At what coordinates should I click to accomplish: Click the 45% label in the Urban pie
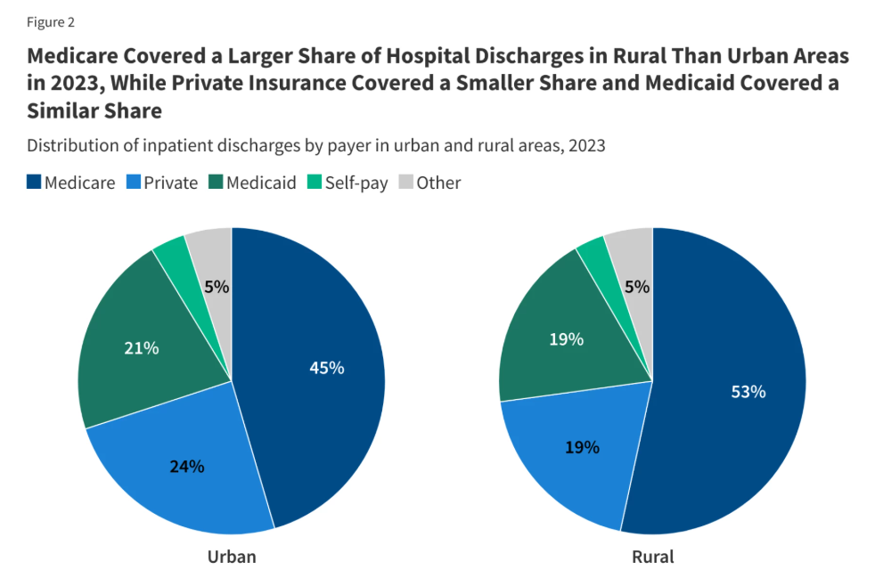[x=326, y=368]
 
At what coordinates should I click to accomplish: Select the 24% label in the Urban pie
[x=187, y=466]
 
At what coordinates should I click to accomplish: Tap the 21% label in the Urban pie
[x=141, y=348]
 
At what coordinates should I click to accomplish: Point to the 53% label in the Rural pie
[x=748, y=392]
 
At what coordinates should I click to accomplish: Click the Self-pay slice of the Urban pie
[x=171, y=255]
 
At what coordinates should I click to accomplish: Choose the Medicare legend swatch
[x=34, y=183]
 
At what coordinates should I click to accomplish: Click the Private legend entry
[x=163, y=183]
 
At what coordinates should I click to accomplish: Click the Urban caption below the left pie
[x=232, y=558]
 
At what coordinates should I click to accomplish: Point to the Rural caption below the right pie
[x=652, y=558]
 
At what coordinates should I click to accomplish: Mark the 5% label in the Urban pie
[x=217, y=287]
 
